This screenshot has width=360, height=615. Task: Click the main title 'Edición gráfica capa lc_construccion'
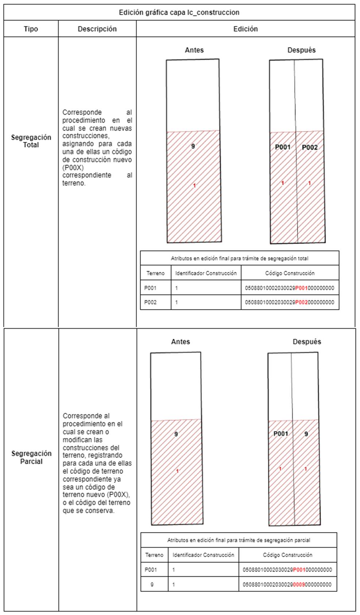(x=179, y=12)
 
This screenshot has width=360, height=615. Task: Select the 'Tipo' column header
(x=31, y=29)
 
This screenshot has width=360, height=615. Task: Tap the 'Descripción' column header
(x=97, y=29)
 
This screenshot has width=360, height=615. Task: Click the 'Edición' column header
(x=245, y=29)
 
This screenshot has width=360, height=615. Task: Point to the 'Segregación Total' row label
(x=31, y=141)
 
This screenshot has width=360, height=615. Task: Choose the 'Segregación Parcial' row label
(x=31, y=457)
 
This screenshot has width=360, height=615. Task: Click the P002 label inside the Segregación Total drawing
(x=310, y=147)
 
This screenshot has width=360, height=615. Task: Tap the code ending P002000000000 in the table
(x=290, y=302)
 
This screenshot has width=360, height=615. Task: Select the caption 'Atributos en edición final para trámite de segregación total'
(x=240, y=258)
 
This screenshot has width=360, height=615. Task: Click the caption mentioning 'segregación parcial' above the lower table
(x=239, y=540)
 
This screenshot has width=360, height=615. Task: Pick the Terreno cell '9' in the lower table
(x=152, y=584)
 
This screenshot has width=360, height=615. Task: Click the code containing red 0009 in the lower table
(x=287, y=584)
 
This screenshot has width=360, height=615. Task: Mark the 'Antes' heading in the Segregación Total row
(x=194, y=50)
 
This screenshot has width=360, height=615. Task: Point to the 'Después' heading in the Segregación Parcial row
(x=307, y=342)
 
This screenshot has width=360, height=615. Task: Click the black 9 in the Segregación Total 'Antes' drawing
(x=193, y=146)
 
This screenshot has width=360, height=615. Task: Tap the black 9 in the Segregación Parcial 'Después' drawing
(x=306, y=434)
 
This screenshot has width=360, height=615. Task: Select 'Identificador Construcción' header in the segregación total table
(x=206, y=273)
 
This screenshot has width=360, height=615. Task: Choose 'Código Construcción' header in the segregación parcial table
(x=287, y=555)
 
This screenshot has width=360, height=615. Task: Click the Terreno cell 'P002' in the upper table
(x=150, y=302)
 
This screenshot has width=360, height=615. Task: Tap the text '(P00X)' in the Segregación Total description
(x=73, y=168)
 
